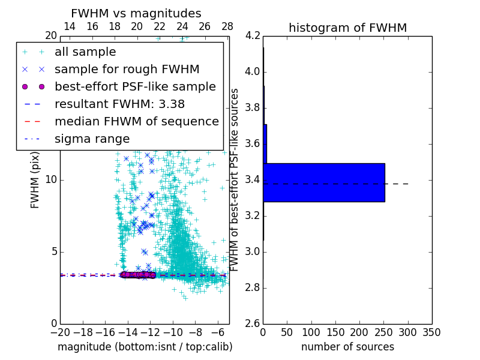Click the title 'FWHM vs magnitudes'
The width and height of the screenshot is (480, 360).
tap(136, 13)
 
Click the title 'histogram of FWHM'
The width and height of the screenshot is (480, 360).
tap(347, 28)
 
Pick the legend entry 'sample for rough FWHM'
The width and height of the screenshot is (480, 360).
tap(127, 70)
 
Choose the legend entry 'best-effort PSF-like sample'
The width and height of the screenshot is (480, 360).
tap(135, 87)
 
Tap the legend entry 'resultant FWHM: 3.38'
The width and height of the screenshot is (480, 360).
tap(119, 104)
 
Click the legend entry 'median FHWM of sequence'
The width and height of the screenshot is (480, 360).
tap(136, 122)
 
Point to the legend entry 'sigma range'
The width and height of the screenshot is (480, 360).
tap(92, 139)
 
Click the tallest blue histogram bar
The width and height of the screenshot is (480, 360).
tap(324, 182)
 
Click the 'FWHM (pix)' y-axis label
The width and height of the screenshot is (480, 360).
tap(35, 179)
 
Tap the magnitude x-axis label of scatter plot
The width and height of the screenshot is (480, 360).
tap(145, 347)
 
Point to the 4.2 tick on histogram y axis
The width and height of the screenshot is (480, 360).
tap(252, 36)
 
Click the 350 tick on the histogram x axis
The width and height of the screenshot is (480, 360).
tap(432, 332)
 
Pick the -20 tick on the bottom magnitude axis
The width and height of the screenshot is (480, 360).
tap(60, 332)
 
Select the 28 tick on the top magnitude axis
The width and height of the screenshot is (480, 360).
tap(227, 27)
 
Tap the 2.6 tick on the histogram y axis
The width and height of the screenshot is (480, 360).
tap(252, 323)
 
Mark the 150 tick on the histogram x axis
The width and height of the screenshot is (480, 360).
tap(335, 332)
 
